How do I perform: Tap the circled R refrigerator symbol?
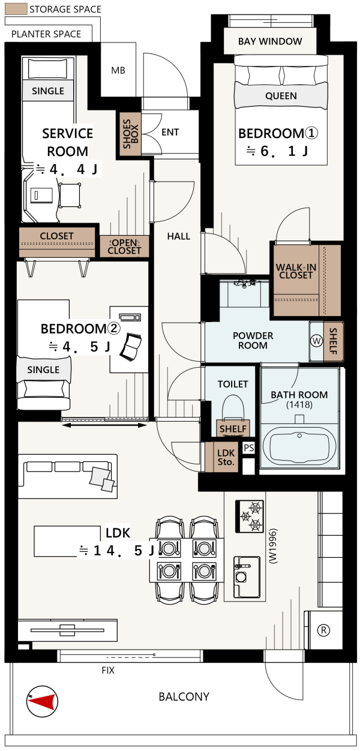pyautogui.click(x=323, y=630)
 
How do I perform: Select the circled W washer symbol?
pyautogui.click(x=316, y=341)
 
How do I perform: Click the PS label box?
pyautogui.click(x=248, y=447)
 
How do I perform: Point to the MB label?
pyautogui.click(x=118, y=70)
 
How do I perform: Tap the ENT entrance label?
pyautogui.click(x=170, y=132)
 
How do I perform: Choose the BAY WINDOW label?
pyautogui.click(x=270, y=41)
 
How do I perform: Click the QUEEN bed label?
pyautogui.click(x=281, y=96)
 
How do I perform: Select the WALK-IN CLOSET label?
pyautogui.click(x=296, y=271)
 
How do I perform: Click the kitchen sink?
pyautogui.click(x=247, y=577)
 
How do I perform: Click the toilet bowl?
pyautogui.click(x=233, y=408)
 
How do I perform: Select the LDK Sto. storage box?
pyautogui.click(x=226, y=457)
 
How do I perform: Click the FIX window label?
pyautogui.click(x=108, y=670)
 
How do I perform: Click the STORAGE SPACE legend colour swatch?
pyautogui.click(x=16, y=9)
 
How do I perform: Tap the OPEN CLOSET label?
pyautogui.click(x=124, y=247)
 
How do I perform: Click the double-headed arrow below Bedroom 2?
pyautogui.click(x=104, y=425)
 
